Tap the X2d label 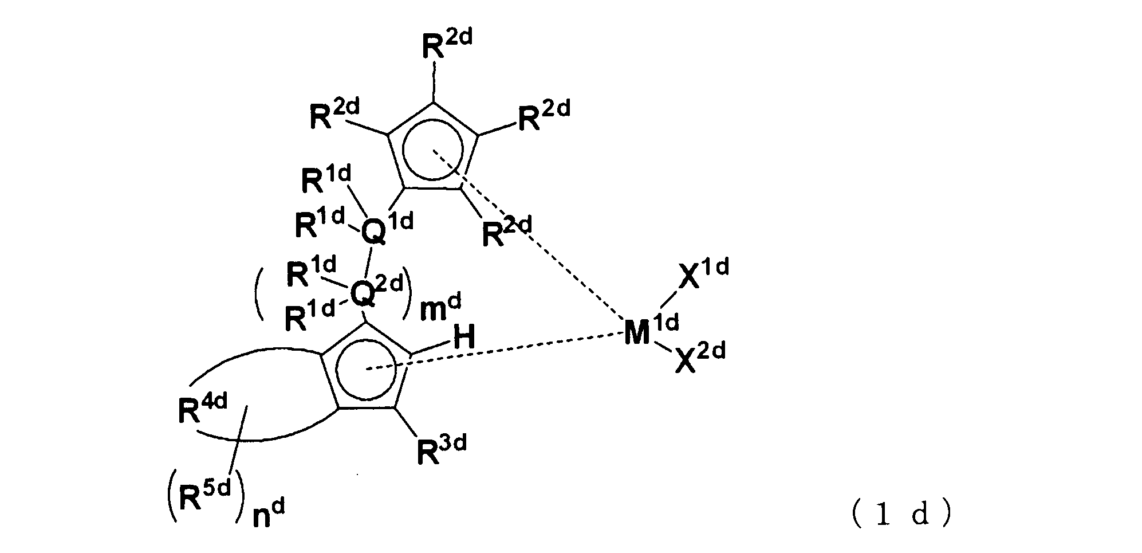point(699,358)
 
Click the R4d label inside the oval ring point(202,411)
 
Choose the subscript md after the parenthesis point(440,309)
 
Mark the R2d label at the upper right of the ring point(543,117)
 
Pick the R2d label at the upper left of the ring point(334,116)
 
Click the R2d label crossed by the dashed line point(506,232)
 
